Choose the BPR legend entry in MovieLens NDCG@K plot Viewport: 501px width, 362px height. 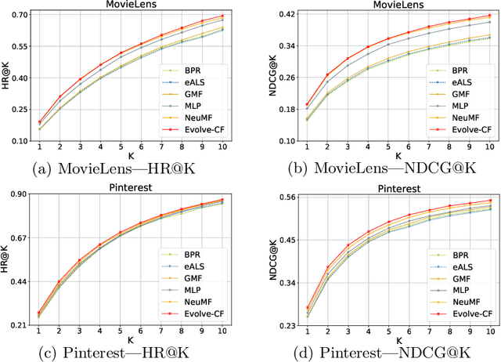point(453,69)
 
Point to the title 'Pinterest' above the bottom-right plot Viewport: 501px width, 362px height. point(387,188)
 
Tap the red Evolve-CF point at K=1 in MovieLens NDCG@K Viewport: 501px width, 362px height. point(308,104)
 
